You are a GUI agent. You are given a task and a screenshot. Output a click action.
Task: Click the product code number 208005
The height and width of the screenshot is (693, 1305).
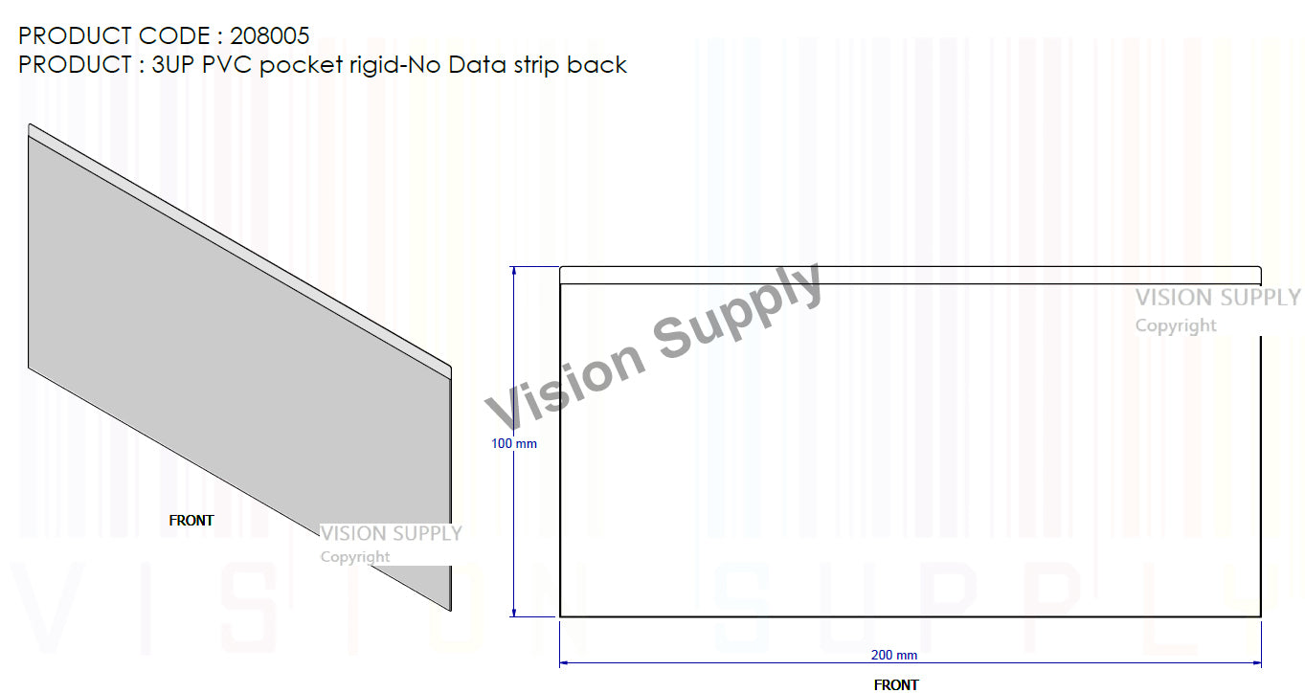(270, 36)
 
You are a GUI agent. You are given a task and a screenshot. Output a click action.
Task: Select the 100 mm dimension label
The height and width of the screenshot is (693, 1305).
(514, 444)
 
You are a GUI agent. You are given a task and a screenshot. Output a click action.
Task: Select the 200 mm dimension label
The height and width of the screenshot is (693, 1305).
(894, 656)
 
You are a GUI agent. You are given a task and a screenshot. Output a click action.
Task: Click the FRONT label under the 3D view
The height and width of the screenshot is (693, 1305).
(191, 521)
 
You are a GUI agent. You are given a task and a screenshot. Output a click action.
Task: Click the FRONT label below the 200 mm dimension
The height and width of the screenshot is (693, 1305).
(896, 684)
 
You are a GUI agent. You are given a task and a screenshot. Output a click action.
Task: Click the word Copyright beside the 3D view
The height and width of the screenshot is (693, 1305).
(354, 557)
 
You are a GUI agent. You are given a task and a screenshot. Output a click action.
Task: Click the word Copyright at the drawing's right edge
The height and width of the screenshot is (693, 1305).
(1176, 325)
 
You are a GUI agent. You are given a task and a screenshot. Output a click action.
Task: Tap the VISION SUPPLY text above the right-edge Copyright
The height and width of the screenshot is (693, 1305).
(1218, 298)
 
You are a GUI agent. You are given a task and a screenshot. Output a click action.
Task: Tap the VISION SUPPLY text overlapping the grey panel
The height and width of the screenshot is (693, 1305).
(391, 533)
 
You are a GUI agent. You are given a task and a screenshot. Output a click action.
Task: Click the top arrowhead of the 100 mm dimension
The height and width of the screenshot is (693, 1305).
(514, 272)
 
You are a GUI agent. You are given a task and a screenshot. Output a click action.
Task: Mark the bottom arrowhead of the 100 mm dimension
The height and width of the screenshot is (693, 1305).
(514, 612)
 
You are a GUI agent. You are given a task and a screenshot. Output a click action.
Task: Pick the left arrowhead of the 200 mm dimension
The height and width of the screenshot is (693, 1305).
(565, 661)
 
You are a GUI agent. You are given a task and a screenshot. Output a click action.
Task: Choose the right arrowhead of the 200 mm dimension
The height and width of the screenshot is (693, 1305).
(1256, 661)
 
